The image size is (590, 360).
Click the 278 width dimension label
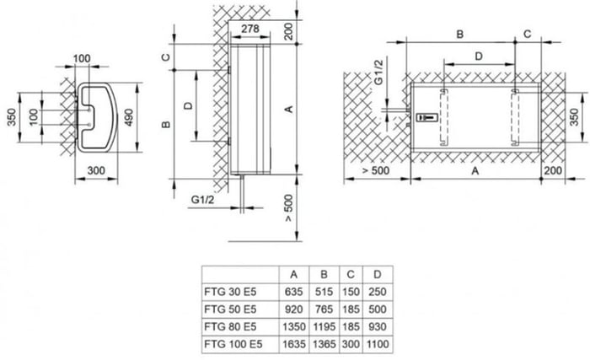249,29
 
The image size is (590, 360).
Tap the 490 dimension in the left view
129,117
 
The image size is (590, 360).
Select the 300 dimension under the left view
96,170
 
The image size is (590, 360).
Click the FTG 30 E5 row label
230,292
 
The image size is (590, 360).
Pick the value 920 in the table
293,309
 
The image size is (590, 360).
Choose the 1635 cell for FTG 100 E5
293,344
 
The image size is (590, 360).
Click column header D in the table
377,275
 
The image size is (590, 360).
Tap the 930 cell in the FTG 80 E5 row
377,326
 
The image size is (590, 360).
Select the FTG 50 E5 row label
230,309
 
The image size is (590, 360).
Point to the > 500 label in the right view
376,170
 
